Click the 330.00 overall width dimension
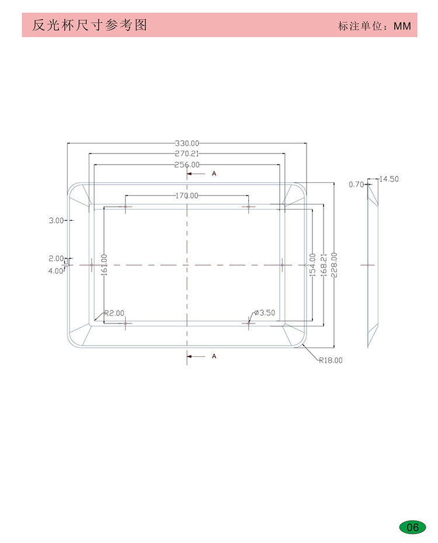(187, 144)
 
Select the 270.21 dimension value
(187, 154)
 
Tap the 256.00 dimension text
(187, 165)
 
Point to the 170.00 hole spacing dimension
(187, 196)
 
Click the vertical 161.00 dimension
(104, 265)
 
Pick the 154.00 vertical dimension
(312, 265)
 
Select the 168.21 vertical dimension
(324, 265)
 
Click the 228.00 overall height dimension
(334, 265)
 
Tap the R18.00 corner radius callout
(331, 360)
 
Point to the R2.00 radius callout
(114, 313)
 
